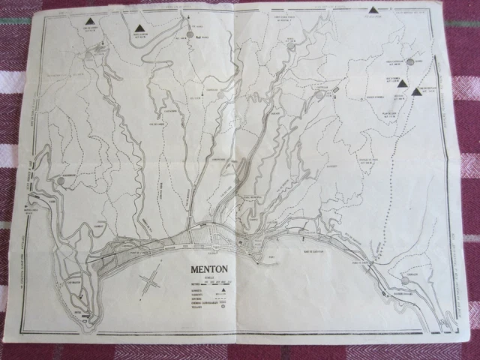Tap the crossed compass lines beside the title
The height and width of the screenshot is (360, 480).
(151, 283)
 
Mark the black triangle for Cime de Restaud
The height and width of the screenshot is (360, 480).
(416, 91)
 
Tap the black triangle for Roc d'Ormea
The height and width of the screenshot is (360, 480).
(402, 82)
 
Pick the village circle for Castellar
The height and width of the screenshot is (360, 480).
(320, 95)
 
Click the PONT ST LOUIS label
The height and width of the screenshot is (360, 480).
(358, 263)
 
